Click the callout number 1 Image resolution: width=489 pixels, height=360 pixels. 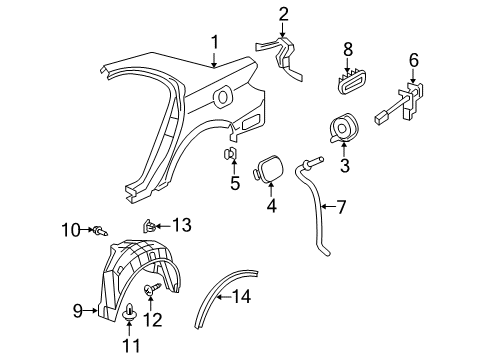[x=213, y=42]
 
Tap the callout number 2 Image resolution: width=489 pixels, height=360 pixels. [x=283, y=13]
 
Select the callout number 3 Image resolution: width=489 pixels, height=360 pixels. [x=344, y=166]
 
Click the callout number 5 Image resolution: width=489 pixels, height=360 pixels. [x=235, y=183]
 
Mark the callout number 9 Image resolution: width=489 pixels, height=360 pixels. [x=77, y=311]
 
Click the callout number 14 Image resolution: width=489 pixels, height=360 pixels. [x=241, y=296]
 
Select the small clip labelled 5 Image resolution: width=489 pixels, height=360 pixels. [x=228, y=153]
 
